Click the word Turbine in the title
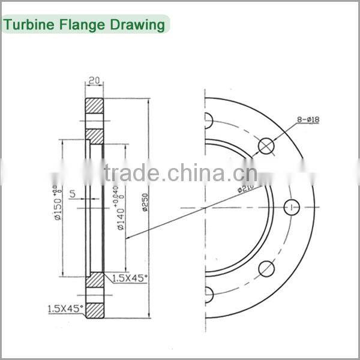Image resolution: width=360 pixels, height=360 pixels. [29, 25]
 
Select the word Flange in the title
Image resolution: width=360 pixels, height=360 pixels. [79, 25]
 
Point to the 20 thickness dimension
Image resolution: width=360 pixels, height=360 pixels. [94, 80]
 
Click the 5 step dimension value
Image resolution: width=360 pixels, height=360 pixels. [73, 194]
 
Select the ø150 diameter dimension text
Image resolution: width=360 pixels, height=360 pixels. [59, 205]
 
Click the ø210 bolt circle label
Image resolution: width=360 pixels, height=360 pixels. [245, 188]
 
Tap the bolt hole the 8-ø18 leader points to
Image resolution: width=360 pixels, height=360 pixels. [266, 145]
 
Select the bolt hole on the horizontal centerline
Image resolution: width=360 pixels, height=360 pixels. [292, 207]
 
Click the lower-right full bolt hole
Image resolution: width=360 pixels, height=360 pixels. [266, 269]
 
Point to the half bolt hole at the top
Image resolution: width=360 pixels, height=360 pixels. [208, 121]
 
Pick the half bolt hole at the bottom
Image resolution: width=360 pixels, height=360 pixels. [208, 294]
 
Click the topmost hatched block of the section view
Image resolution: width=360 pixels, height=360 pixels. [94, 106]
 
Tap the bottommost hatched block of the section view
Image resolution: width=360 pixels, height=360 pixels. [94, 310]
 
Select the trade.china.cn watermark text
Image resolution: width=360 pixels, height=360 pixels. [180, 174]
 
